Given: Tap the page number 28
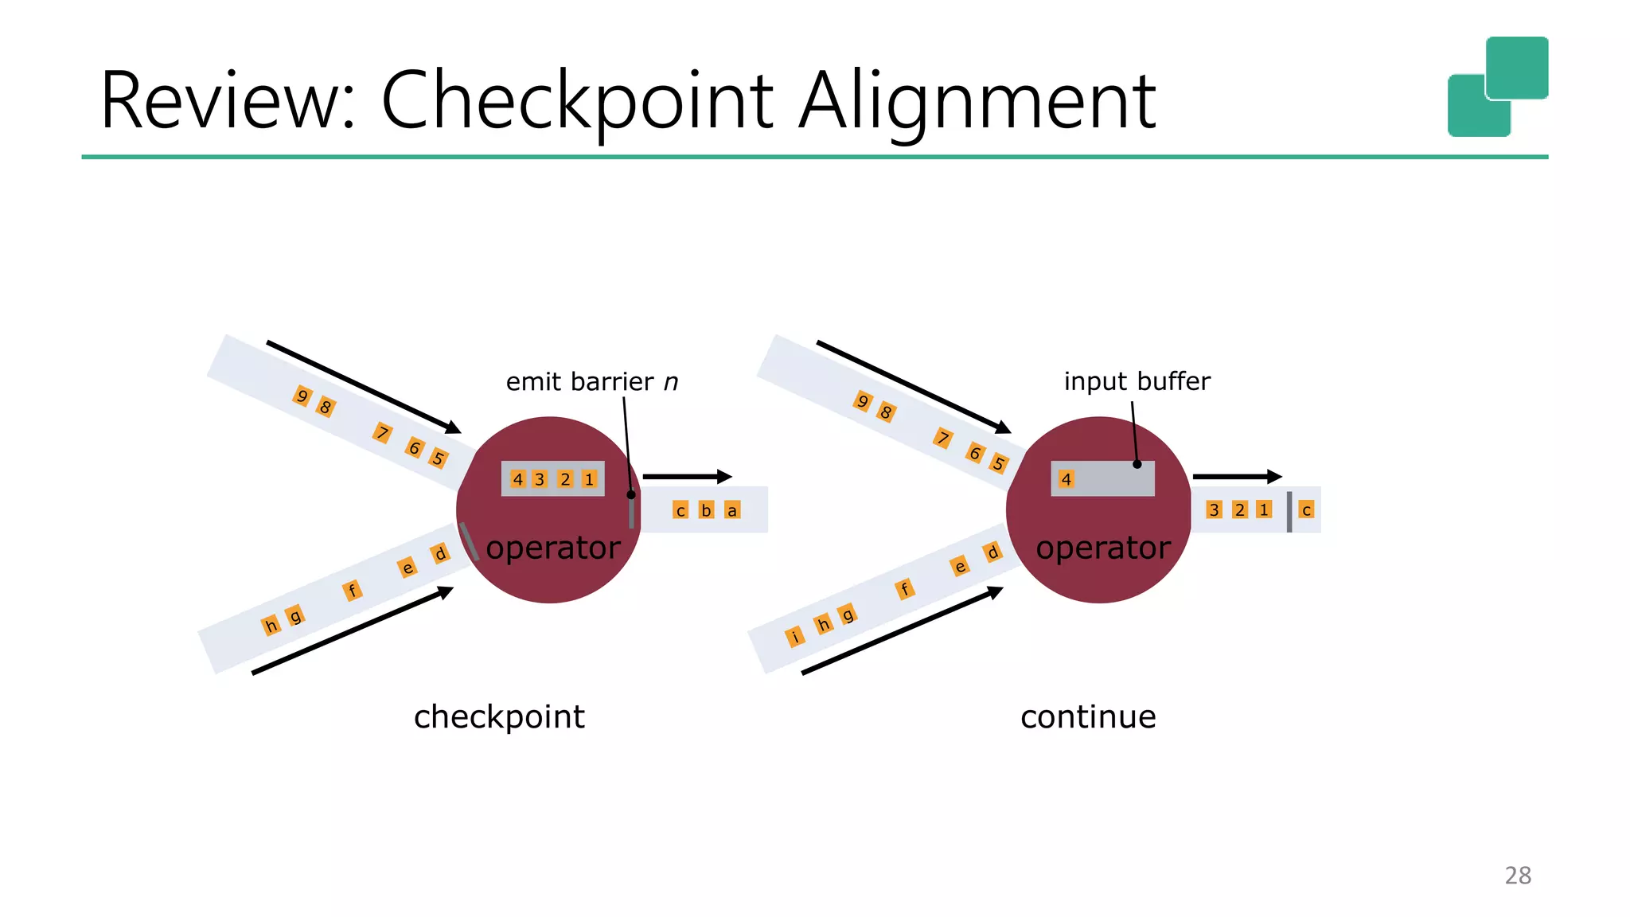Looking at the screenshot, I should (x=1517, y=876).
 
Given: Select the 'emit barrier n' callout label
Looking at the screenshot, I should (x=591, y=382).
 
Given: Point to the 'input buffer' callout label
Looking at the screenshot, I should (x=1137, y=381).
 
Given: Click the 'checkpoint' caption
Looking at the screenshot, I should (x=499, y=717).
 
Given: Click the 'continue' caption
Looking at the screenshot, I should (x=1087, y=717).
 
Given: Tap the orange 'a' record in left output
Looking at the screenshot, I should (x=731, y=510).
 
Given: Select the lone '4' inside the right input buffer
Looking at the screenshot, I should (x=1067, y=479).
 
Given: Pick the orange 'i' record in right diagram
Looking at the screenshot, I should (x=794, y=637).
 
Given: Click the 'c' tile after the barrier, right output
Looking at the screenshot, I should (x=1306, y=509).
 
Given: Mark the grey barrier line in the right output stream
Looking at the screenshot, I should (x=1289, y=512).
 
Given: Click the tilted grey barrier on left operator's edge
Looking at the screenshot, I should (x=469, y=541).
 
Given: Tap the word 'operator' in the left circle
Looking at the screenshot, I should (x=552, y=548).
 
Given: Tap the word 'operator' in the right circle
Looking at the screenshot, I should (x=1102, y=548).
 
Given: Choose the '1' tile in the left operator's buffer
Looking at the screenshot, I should (x=589, y=479).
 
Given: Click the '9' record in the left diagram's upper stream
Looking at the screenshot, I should (x=302, y=396).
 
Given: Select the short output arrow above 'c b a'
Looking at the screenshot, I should (x=686, y=477).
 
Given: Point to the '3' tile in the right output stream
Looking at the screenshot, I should (x=1214, y=509).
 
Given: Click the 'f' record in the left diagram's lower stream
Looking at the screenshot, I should (x=352, y=590).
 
